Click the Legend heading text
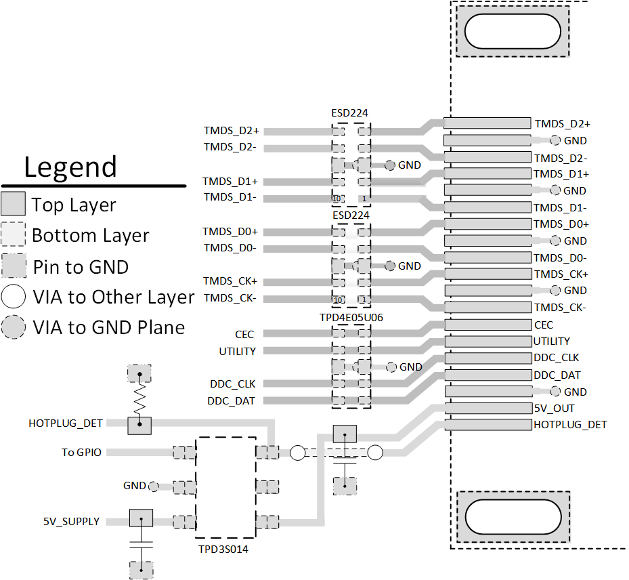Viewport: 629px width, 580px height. [70, 167]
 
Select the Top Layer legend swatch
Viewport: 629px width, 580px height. [14, 205]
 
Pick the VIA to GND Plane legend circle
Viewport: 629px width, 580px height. [14, 327]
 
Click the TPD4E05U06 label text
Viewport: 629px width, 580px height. [351, 316]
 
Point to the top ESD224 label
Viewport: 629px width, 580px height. [350, 113]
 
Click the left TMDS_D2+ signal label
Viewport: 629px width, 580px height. [232, 131]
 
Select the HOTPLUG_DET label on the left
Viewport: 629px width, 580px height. [66, 423]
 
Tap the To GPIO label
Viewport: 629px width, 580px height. [82, 452]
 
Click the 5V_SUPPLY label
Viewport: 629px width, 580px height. [71, 522]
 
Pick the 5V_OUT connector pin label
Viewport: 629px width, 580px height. [554, 409]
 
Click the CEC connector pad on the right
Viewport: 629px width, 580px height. [487, 325]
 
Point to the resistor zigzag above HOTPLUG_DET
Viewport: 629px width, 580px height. [139, 400]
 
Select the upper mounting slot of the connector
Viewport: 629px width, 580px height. [513, 31]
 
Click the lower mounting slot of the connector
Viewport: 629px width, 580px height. [513, 516]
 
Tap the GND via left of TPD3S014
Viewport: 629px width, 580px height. [154, 486]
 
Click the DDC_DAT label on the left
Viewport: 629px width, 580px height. [232, 401]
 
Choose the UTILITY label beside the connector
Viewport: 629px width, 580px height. [551, 341]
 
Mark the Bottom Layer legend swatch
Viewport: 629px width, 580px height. [14, 236]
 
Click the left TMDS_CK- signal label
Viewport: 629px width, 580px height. [230, 299]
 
